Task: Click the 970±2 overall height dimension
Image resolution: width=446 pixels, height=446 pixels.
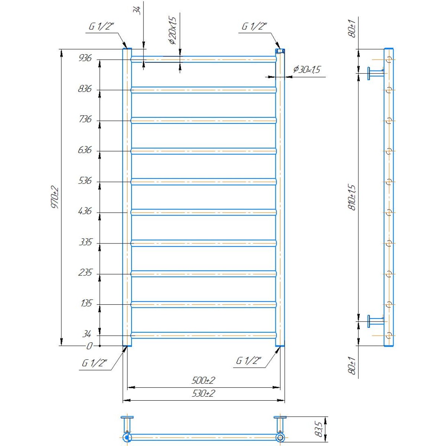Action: (x=55, y=197)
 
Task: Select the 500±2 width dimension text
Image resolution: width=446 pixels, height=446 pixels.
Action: (x=203, y=381)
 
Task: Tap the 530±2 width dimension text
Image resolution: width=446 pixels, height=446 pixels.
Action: (x=203, y=393)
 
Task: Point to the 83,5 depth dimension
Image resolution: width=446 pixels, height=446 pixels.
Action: (x=319, y=429)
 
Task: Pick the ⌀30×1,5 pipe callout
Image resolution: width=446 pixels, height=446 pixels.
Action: (x=306, y=70)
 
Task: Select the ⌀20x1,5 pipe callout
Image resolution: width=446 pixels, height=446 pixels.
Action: (x=173, y=31)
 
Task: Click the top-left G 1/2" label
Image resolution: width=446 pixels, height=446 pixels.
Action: (x=101, y=27)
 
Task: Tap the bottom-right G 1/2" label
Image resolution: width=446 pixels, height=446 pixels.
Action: (x=249, y=361)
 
